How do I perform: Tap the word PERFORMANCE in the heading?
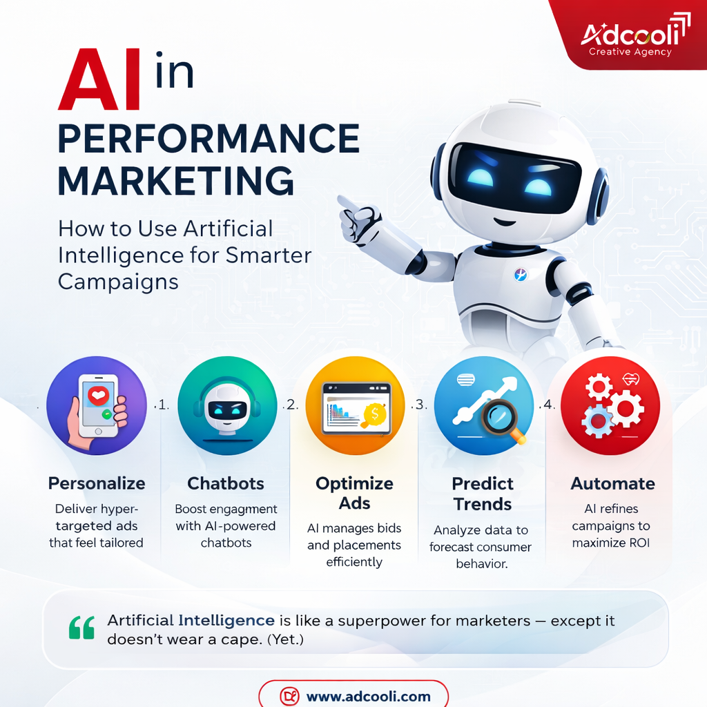coord(209,139)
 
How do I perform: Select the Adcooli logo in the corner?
coord(626,38)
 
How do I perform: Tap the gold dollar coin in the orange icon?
coord(374,414)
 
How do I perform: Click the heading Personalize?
coord(97,483)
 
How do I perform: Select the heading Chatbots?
coord(226,483)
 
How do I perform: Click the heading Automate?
coord(613,483)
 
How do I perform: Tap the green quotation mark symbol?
coord(81,628)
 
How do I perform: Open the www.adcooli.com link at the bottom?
coord(367,696)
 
